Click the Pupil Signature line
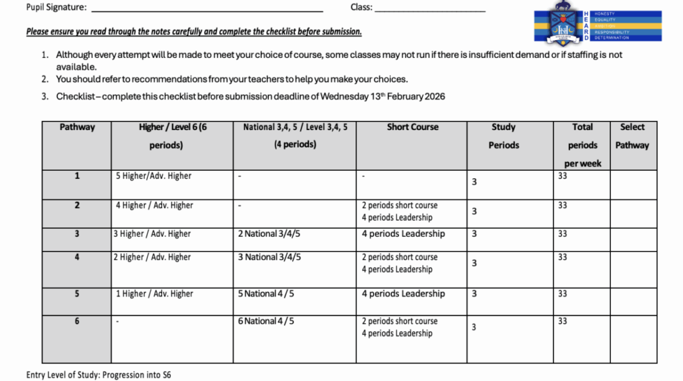pyautogui.click(x=207, y=9)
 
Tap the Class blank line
pyautogui.click(x=430, y=9)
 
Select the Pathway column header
pyautogui.click(x=77, y=127)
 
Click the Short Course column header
pyautogui.click(x=412, y=127)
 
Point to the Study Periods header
pyautogui.click(x=504, y=135)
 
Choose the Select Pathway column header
pyautogui.click(x=632, y=135)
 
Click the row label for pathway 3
pyautogui.click(x=77, y=234)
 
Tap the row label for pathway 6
pyautogui.click(x=77, y=321)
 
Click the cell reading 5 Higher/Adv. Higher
pyautogui.click(x=153, y=176)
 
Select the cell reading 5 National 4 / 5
pyautogui.click(x=266, y=294)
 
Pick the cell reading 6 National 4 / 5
pyautogui.click(x=266, y=321)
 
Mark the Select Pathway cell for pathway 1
pyautogui.click(x=633, y=184)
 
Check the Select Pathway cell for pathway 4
pyautogui.click(x=633, y=269)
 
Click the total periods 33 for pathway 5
pyautogui.click(x=562, y=294)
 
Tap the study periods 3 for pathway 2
pyautogui.click(x=474, y=211)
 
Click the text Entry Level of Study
pyautogui.click(x=63, y=375)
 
